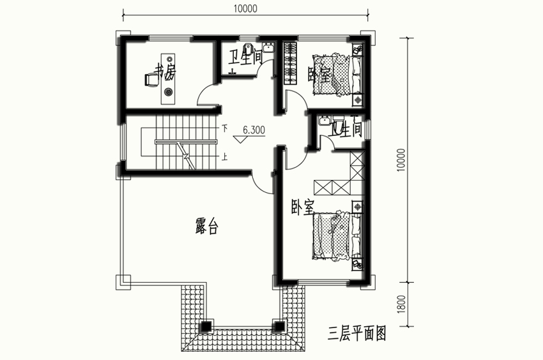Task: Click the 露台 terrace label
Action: coord(206,226)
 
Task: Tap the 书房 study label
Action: coord(165,71)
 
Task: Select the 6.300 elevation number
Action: coord(254,130)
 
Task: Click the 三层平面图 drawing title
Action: coord(357,333)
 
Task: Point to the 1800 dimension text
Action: coord(401,304)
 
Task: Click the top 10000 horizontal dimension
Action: coord(245,8)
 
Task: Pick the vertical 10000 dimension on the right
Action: coord(401,160)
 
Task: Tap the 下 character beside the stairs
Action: coord(225,128)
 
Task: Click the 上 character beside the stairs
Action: coord(225,157)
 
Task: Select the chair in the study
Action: coord(151,80)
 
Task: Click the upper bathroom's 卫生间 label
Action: coord(245,57)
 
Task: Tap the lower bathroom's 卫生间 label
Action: coord(346,130)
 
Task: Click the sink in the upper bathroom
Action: coord(268,47)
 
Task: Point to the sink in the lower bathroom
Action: coord(325,120)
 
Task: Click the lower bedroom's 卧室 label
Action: coord(303,207)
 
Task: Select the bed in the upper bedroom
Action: coord(337,74)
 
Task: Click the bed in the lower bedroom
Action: coord(337,236)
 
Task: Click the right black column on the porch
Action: coord(279,326)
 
